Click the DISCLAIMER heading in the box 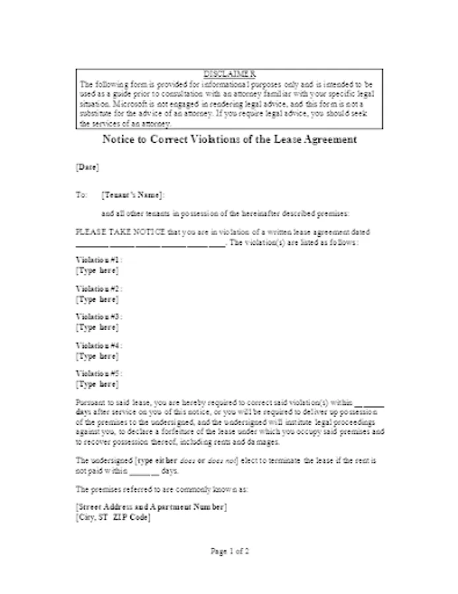point(229,73)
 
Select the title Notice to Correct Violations point(230,140)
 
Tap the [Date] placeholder point(87,168)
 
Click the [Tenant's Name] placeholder point(133,195)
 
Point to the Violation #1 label point(99,260)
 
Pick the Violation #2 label point(99,288)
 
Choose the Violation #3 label point(99,317)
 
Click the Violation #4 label point(99,345)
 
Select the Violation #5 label point(99,374)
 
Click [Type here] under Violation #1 point(98,271)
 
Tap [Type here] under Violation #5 point(98,384)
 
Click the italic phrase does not point(222,460)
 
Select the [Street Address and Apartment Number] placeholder point(152,507)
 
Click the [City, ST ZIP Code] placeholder point(113,517)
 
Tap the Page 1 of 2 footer point(230,550)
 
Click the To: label point(82,195)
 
